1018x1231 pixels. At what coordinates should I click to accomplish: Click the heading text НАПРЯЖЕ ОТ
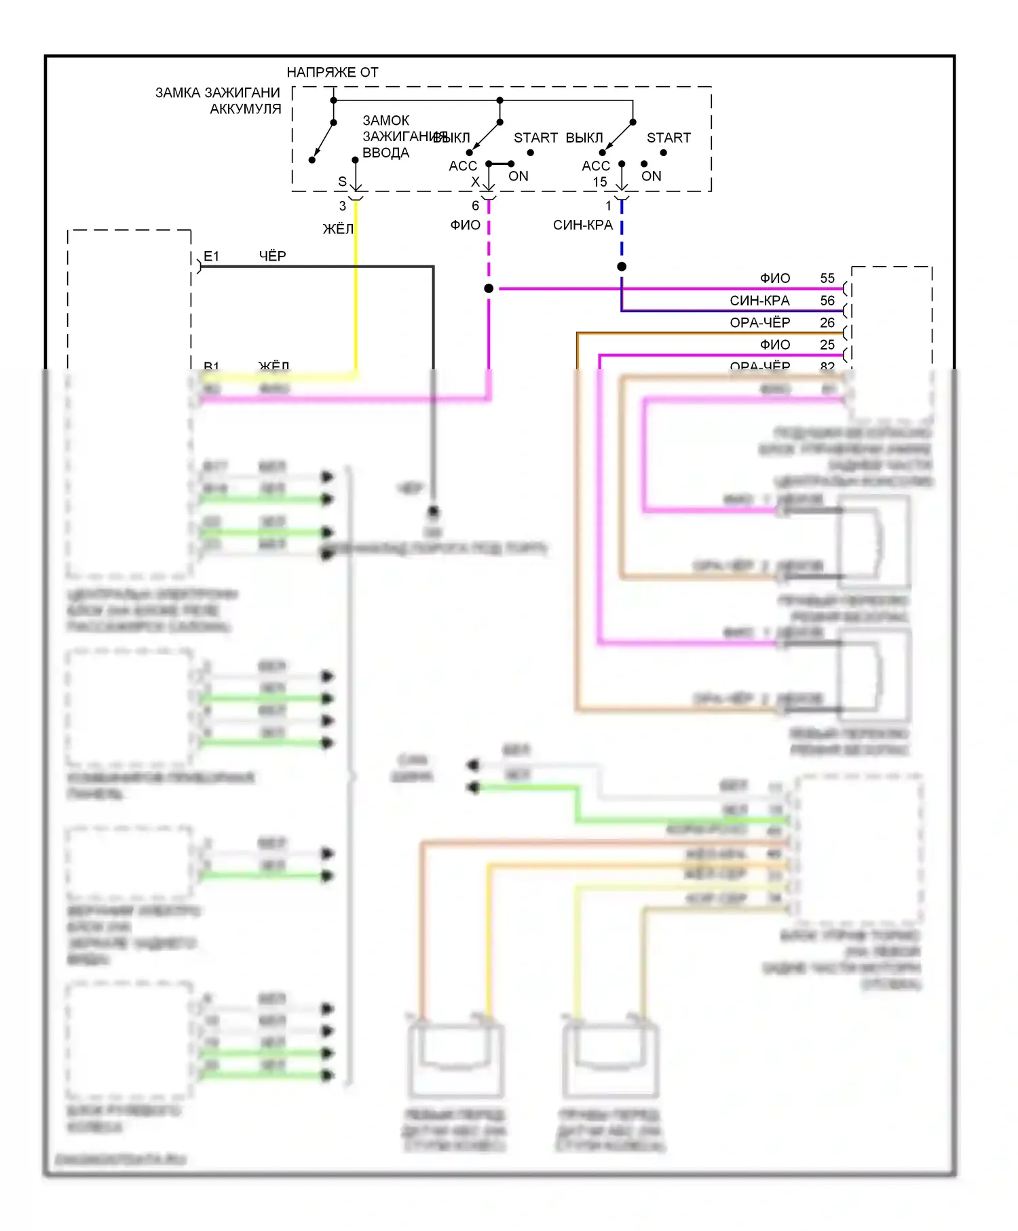click(x=332, y=72)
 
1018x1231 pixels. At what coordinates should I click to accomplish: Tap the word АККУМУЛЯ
click(x=245, y=109)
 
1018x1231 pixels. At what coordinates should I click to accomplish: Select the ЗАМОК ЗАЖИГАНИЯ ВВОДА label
click(x=386, y=136)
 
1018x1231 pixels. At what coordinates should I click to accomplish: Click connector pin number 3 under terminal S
click(x=343, y=205)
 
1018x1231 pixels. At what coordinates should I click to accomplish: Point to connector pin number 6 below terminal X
click(x=475, y=205)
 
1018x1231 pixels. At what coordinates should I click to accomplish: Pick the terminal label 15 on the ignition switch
click(x=600, y=182)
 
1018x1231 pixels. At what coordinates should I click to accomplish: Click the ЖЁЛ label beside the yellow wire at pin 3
click(x=338, y=229)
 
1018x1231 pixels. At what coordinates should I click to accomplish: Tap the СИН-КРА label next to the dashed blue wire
click(x=582, y=225)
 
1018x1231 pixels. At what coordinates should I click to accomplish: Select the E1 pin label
click(x=211, y=256)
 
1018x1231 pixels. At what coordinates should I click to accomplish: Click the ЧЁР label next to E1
click(x=272, y=256)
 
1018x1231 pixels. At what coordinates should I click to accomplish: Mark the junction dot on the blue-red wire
click(x=622, y=267)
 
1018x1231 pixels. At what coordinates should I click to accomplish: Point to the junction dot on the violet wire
click(x=489, y=288)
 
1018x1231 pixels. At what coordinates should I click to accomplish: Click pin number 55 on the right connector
click(x=827, y=278)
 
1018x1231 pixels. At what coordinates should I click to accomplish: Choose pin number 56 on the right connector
click(x=827, y=301)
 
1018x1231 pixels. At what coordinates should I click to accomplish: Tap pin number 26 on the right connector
click(x=827, y=322)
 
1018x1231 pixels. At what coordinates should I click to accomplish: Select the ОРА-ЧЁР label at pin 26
click(x=760, y=322)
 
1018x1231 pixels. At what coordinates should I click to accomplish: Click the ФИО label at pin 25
click(x=775, y=345)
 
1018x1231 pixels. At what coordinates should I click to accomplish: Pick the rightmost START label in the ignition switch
click(x=668, y=138)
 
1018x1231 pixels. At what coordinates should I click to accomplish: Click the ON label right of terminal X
click(x=519, y=176)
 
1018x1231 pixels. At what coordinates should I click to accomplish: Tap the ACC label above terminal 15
click(x=596, y=166)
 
